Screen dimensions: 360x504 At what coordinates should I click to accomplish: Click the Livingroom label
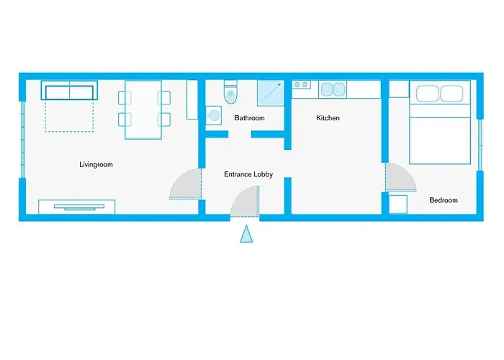pos(96,165)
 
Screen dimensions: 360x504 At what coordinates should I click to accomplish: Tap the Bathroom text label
pos(249,118)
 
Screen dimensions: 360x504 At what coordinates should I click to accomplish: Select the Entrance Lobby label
pos(248,174)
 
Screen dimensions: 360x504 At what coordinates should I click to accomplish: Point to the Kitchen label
pos(328,118)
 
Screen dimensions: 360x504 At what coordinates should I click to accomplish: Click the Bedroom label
pos(443,200)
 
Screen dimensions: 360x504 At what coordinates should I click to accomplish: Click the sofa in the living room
pos(69,92)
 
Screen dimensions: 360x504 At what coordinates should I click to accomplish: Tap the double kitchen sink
pos(332,89)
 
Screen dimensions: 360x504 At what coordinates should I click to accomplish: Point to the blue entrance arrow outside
pos(246,235)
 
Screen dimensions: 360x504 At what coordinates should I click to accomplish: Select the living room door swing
pos(186,184)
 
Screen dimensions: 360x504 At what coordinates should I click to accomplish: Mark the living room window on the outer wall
pos(22,138)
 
